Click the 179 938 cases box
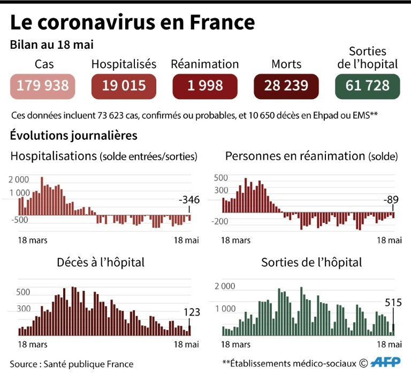pos(43,86)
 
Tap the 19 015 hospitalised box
pos(124,86)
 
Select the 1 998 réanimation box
pos(205,86)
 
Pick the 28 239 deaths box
pos(286,86)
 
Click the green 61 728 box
pos(367,86)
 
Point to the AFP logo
pos(386,363)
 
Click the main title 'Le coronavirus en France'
pos(132,22)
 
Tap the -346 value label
pos(189,200)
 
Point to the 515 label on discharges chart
pos(393,303)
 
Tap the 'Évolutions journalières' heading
pos(74,136)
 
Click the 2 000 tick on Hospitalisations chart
pos(19,179)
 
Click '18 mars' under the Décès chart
pos(33,345)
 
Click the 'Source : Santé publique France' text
pos(72,364)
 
